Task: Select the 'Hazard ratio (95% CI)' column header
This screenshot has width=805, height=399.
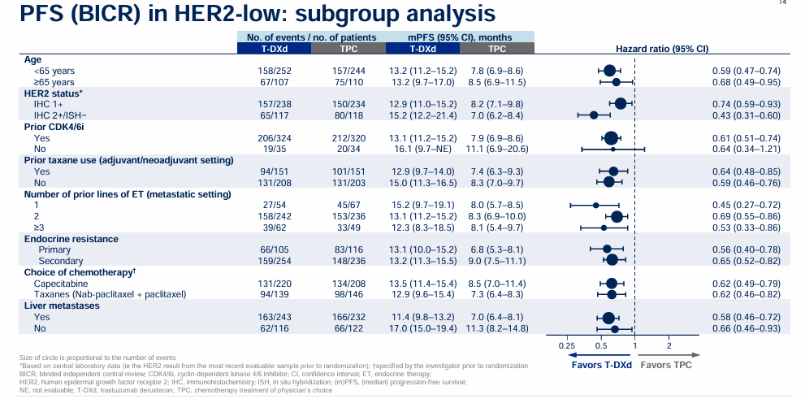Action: pyautogui.click(x=662, y=49)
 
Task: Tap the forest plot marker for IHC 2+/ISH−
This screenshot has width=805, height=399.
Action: pyautogui.click(x=594, y=115)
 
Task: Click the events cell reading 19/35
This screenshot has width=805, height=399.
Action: pyautogui.click(x=272, y=150)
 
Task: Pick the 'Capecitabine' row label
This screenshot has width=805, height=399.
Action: pyautogui.click(x=63, y=283)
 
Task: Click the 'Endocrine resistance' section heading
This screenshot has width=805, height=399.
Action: pyautogui.click(x=71, y=239)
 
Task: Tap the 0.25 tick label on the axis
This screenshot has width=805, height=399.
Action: pyautogui.click(x=567, y=345)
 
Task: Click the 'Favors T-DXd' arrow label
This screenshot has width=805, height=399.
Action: pyautogui.click(x=601, y=364)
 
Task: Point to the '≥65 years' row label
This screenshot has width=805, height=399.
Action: pyautogui.click(x=54, y=82)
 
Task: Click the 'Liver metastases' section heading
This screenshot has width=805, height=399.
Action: pyautogui.click(x=63, y=306)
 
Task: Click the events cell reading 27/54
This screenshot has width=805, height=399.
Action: pyautogui.click(x=272, y=205)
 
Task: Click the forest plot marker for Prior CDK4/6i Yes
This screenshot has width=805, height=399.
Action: pyautogui.click(x=612, y=138)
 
